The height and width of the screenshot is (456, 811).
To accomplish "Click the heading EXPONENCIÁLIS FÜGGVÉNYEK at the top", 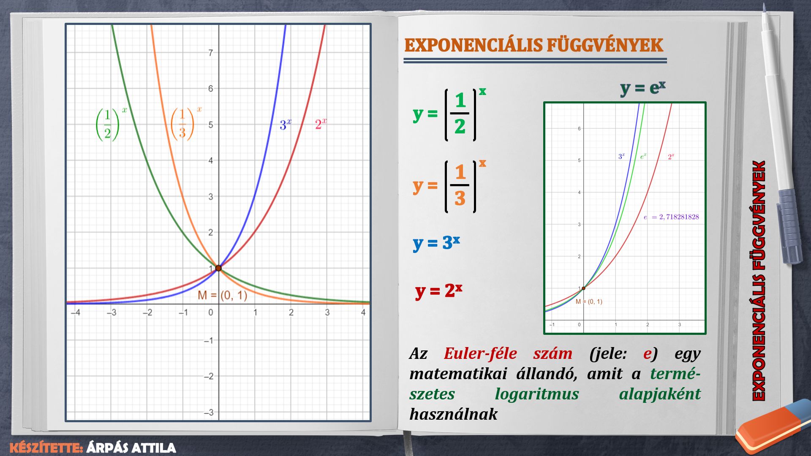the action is click(534, 45).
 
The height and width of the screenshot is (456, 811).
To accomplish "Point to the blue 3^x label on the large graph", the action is click(286, 125).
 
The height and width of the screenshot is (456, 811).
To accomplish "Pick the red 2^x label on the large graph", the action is click(321, 124).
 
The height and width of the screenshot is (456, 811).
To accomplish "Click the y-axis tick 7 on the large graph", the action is click(210, 53).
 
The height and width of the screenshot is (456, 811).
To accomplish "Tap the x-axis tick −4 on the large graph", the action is click(75, 313).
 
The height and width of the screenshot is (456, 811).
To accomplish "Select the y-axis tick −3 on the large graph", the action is click(208, 412).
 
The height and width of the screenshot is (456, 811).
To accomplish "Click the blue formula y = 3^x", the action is click(436, 243).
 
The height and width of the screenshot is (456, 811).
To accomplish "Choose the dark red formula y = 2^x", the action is click(439, 290).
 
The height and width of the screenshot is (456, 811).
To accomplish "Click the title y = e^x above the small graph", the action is click(643, 88).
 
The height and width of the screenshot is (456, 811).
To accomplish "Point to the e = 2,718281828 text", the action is click(671, 217).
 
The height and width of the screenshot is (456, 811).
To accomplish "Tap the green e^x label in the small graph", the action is click(643, 157).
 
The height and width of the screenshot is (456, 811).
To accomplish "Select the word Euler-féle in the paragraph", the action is click(480, 353).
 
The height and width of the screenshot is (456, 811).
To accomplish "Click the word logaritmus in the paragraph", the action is click(537, 394).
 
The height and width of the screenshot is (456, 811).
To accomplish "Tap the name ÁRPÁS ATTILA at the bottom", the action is click(131, 448).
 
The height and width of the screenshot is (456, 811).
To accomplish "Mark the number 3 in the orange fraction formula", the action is click(460, 198).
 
